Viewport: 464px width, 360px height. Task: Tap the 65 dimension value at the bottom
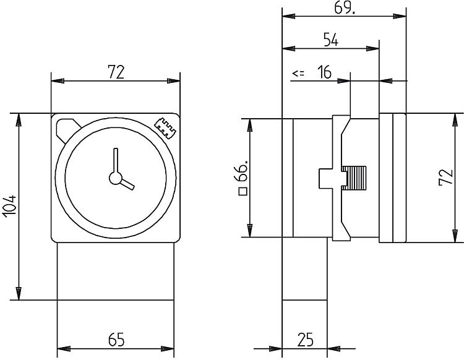point(116,340)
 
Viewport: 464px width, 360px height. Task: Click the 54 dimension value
point(331,40)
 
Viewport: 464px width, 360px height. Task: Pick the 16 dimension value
point(325,73)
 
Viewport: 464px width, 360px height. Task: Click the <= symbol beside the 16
point(298,74)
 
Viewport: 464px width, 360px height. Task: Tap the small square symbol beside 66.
point(243,191)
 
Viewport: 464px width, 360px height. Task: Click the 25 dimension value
point(304,340)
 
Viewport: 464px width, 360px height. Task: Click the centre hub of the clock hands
point(115,178)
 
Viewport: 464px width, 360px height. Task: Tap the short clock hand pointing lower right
point(126,184)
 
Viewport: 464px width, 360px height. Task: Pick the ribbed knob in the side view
point(356,178)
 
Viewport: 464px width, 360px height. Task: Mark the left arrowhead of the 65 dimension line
point(62,349)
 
